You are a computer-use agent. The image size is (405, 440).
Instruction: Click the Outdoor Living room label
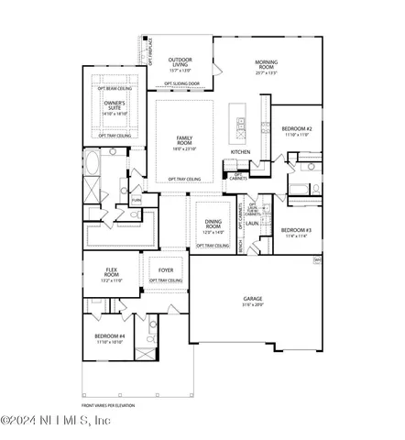click(180, 61)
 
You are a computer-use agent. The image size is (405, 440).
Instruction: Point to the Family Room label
click(185, 138)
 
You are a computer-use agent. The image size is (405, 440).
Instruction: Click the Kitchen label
click(240, 151)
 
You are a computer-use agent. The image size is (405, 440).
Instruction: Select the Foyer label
click(166, 270)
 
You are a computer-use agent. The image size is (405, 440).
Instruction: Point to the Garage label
click(253, 298)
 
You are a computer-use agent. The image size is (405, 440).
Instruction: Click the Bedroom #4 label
click(110, 336)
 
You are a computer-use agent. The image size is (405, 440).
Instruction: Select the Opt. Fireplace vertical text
click(150, 49)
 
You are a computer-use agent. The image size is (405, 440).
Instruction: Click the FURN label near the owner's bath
click(136, 199)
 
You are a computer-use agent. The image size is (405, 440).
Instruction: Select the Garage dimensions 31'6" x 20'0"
click(253, 303)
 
